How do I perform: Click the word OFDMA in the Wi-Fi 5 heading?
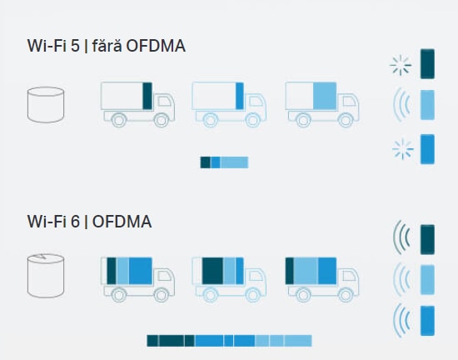[x=156, y=46]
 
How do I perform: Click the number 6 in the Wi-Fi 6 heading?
[x=75, y=222]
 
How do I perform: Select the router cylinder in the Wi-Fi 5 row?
[x=46, y=105]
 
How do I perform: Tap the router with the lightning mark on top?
[x=46, y=276]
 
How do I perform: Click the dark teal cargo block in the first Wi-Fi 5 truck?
[x=147, y=96]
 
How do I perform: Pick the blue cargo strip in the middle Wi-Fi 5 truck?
[x=240, y=96]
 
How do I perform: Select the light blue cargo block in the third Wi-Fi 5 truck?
[x=325, y=96]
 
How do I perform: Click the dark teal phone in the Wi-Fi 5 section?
[x=427, y=64]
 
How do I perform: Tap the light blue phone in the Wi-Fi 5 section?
[x=427, y=105]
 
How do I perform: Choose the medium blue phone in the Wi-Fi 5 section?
[x=427, y=149]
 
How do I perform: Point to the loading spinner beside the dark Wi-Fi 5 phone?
[x=401, y=65]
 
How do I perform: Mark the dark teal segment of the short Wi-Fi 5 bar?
[x=205, y=162]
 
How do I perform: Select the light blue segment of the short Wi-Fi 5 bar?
[x=234, y=162]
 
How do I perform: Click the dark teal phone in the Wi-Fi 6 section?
[x=427, y=240]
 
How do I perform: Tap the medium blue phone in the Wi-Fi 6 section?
[x=427, y=321]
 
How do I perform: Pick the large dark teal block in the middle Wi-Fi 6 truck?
[x=212, y=271]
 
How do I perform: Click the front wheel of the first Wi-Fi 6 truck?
[x=161, y=295]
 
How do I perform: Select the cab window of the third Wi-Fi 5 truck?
[x=350, y=101]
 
